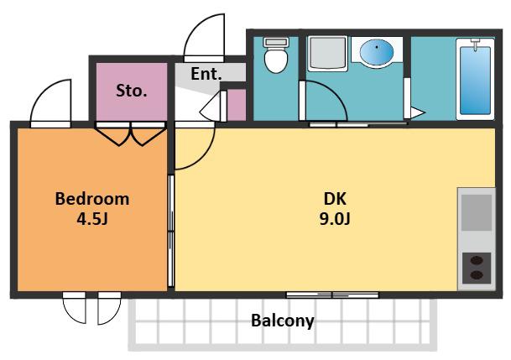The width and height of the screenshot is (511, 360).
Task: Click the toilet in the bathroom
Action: coord(276,55)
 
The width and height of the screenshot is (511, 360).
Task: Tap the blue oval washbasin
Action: coord(377,52)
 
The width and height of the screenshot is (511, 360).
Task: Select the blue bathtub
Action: coord(475,79)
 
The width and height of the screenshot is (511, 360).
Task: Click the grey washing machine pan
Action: coord(327,54)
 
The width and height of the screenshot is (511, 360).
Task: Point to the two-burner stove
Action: coord(477,268)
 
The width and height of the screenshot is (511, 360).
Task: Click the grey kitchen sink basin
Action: coord(477,213)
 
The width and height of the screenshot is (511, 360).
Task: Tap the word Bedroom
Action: coord(92,199)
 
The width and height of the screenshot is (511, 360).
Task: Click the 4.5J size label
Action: coord(92,219)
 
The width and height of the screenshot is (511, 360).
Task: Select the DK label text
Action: coord(335,199)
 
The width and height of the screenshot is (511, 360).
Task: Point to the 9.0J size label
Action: coord(335,219)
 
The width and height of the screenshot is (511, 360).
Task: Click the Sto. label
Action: coord(132,91)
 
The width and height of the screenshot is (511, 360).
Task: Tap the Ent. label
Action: coord(206,74)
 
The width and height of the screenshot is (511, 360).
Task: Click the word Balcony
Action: coord(283,321)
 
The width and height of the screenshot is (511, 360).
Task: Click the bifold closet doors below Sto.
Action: coord(130,134)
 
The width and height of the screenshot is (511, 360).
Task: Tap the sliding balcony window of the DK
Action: coord(332,295)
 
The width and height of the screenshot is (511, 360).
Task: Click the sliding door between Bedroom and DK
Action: coord(171,231)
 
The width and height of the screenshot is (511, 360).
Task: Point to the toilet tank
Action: coord(276,42)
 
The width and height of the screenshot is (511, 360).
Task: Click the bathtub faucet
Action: coord(476,44)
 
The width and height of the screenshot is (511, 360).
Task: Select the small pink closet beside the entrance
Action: coord(237,105)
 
